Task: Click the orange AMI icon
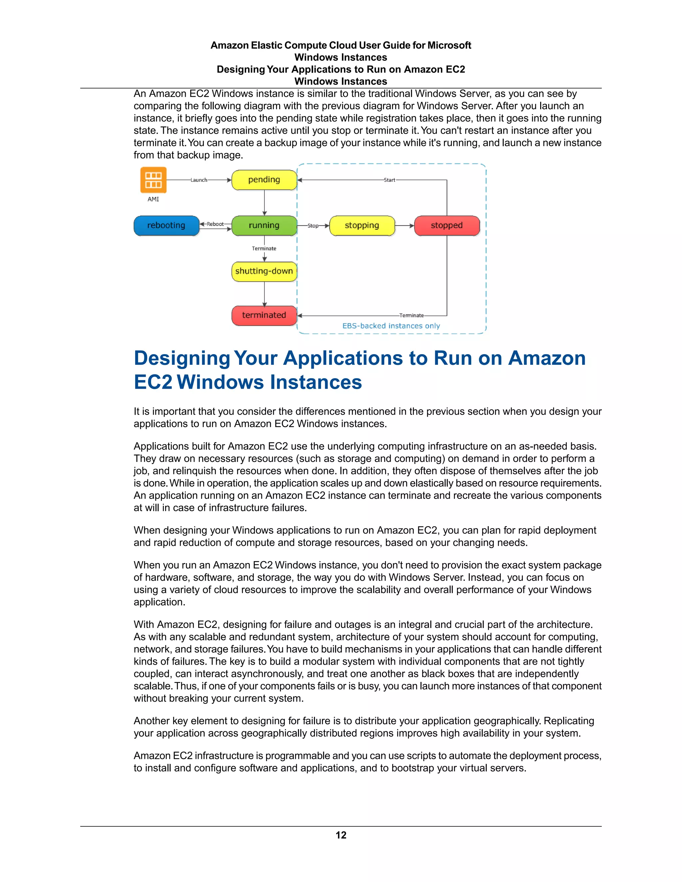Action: coord(153,180)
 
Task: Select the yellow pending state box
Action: coord(264,180)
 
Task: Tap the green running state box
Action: coord(264,225)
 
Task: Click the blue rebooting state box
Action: coord(167,225)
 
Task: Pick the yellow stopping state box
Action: coord(362,225)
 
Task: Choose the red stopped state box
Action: coord(447,225)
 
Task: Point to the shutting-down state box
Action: coord(264,271)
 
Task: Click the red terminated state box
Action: coord(264,315)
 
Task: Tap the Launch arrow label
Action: coord(199,180)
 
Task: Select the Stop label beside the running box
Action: coord(313,226)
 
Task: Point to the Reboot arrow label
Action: coord(215,224)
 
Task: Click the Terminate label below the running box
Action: coord(264,248)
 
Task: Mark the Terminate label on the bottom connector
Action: coord(412,316)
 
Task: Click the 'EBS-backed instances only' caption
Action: coord(391,326)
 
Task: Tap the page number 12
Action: coord(341,835)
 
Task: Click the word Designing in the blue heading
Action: coord(182,358)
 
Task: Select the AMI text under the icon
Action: coord(153,199)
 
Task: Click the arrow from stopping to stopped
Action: coord(404,226)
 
